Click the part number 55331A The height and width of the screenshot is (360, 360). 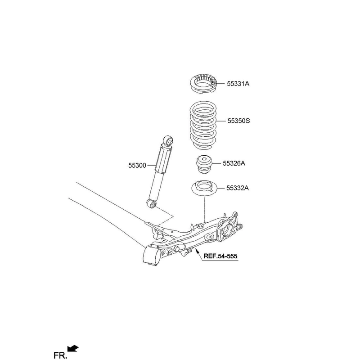point(238,84)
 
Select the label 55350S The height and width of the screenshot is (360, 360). point(238,121)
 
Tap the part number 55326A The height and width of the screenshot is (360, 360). point(234,163)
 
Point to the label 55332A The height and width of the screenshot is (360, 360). point(238,188)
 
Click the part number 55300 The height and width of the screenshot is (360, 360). point(137,165)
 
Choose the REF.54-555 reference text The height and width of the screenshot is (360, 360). point(220,256)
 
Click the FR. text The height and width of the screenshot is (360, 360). point(60,355)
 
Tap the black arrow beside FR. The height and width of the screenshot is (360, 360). point(73,348)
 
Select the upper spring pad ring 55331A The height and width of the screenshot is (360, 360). point(204,85)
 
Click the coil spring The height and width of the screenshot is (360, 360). point(203,125)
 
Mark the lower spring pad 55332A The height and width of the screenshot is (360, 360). point(204,188)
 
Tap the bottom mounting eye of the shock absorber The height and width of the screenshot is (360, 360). point(152,204)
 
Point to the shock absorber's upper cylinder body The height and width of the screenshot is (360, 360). point(163,159)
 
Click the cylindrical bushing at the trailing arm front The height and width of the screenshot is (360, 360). point(151,256)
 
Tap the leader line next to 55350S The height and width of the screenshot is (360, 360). point(221,121)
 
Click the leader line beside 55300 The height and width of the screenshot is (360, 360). point(152,165)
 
